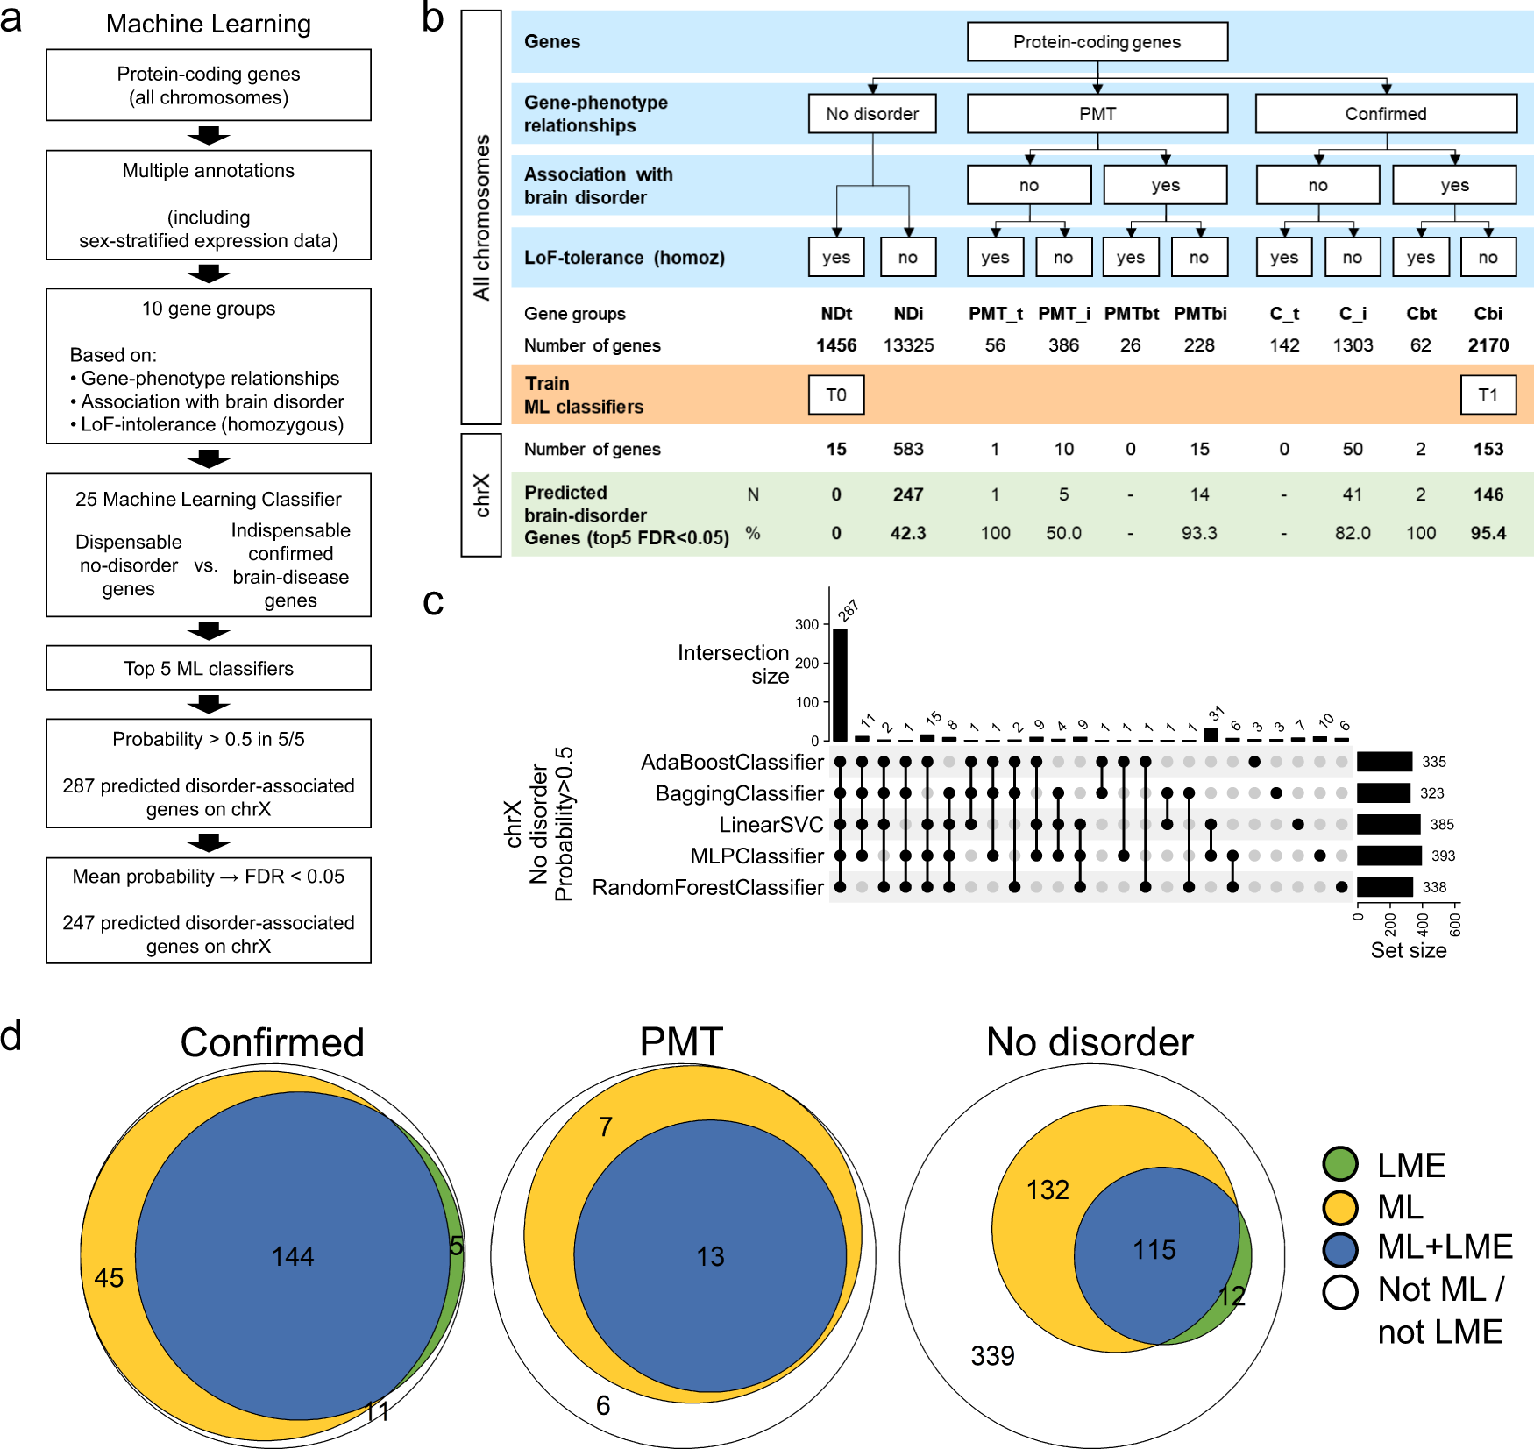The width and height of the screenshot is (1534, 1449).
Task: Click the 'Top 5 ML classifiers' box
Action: click(x=209, y=669)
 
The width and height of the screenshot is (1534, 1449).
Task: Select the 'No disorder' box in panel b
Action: click(x=872, y=114)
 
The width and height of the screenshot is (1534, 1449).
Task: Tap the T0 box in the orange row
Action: click(x=836, y=395)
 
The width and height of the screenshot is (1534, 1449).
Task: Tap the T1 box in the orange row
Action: click(x=1488, y=395)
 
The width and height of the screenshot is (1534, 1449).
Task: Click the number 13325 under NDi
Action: click(x=908, y=345)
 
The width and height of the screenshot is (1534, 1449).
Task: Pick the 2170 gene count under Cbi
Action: click(x=1488, y=345)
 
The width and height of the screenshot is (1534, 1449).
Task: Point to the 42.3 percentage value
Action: click(x=908, y=533)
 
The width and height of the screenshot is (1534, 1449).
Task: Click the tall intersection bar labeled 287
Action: click(x=840, y=684)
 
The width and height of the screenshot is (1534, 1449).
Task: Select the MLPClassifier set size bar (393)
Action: click(x=1388, y=856)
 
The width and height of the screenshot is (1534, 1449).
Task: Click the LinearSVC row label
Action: click(x=771, y=825)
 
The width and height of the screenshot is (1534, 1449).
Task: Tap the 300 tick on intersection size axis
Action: click(x=806, y=625)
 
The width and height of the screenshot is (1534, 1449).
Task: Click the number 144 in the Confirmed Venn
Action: click(x=293, y=1257)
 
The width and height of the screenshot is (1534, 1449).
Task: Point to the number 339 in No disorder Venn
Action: click(x=992, y=1356)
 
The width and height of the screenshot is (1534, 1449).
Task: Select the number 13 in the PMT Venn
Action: click(x=710, y=1257)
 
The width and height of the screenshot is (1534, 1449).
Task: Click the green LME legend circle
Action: click(x=1340, y=1164)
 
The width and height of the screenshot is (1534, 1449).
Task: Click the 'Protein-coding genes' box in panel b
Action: click(x=1097, y=42)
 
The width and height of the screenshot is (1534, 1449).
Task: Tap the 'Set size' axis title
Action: click(x=1408, y=951)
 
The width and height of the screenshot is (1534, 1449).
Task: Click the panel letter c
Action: click(x=433, y=602)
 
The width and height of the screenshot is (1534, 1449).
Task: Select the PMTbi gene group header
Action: click(x=1199, y=314)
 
